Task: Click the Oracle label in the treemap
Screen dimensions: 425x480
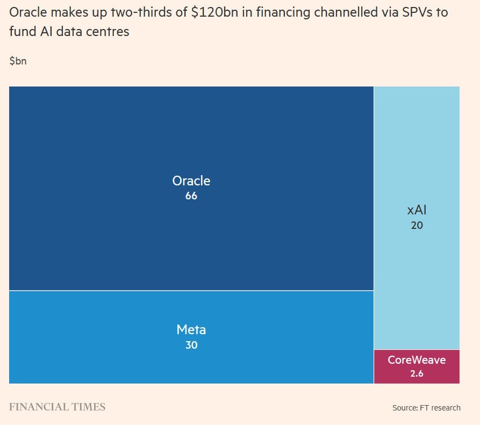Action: click(191, 181)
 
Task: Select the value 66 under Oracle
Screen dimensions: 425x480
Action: click(191, 196)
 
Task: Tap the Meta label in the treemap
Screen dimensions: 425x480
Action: click(191, 329)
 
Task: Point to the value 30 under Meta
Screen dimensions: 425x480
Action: click(191, 345)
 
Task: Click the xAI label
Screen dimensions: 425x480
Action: click(417, 210)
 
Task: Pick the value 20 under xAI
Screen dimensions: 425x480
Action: click(417, 225)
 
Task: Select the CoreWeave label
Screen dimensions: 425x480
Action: click(417, 359)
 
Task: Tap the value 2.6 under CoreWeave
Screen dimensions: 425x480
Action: click(417, 373)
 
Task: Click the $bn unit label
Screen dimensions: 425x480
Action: click(18, 61)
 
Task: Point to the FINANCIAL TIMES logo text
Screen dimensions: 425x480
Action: click(57, 407)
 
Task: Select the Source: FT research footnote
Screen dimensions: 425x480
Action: click(426, 408)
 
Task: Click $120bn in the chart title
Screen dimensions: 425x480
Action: click(215, 12)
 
